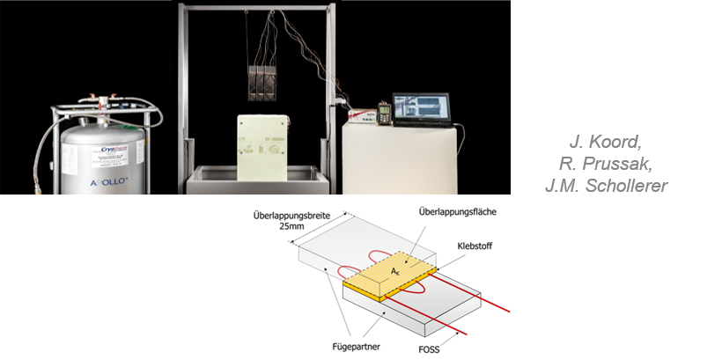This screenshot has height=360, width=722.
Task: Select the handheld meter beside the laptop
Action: [384, 113]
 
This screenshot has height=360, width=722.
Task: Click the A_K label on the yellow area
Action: [395, 274]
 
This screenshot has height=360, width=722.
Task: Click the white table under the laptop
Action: [401, 158]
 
